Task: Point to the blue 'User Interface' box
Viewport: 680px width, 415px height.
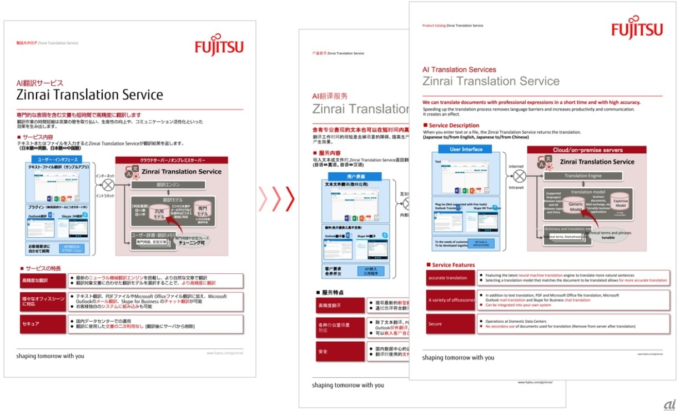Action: pyautogui.click(x=466, y=149)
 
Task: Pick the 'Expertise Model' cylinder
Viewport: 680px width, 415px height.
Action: pyautogui.click(x=620, y=202)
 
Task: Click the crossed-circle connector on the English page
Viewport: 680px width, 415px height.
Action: pyautogui.click(x=518, y=176)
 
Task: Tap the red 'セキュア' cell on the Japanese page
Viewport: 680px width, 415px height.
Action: pyautogui.click(x=43, y=324)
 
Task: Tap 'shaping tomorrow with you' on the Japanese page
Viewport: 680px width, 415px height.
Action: pyautogui.click(x=51, y=356)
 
